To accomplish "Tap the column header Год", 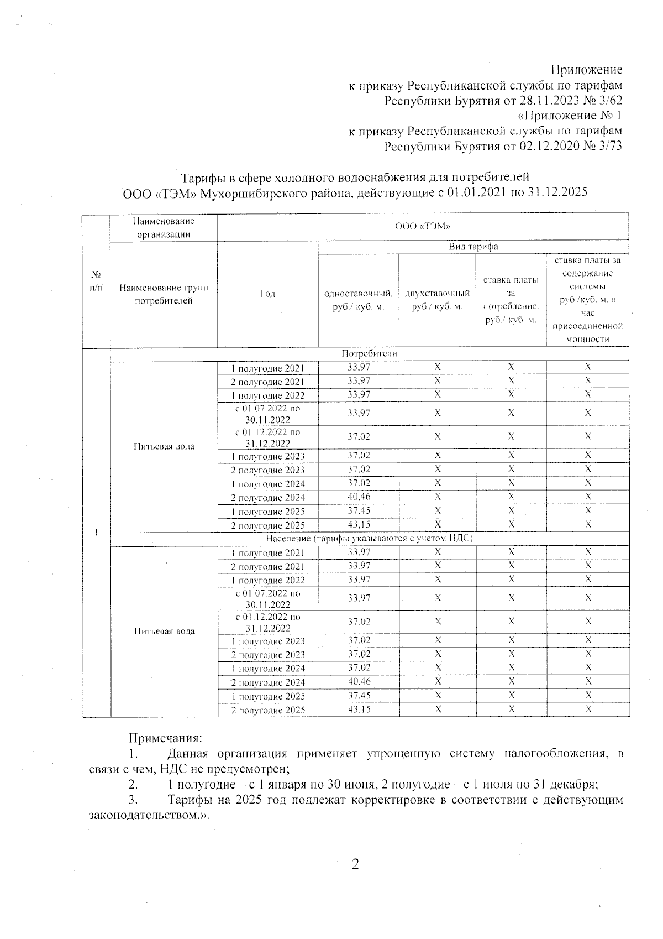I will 267,294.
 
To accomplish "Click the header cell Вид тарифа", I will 473,247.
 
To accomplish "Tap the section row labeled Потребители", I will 370,353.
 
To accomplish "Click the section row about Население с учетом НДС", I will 370,538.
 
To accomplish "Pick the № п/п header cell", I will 96,281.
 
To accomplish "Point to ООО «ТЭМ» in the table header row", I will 423,226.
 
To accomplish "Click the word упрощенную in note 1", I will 402,753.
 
